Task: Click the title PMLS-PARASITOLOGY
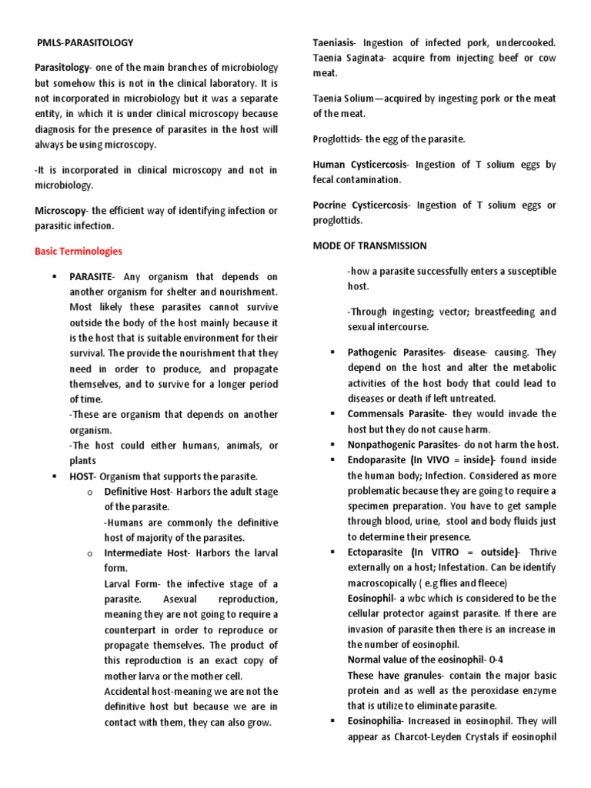(x=85, y=43)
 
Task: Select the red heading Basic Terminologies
(x=78, y=251)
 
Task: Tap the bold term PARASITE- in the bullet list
(x=93, y=276)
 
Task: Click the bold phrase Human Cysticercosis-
(x=361, y=165)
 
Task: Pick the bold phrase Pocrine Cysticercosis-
(x=362, y=205)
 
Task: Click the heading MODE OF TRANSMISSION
(x=369, y=245)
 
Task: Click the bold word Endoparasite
(x=376, y=460)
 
